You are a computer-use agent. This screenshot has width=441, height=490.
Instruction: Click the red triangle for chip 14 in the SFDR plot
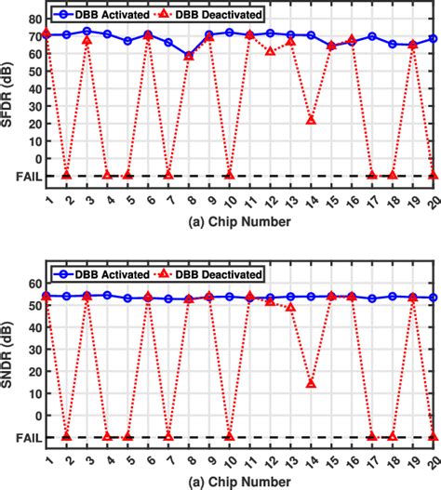click(311, 120)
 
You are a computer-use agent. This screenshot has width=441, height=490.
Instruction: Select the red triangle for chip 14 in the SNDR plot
click(311, 383)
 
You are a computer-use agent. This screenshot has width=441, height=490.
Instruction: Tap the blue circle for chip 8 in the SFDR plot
click(189, 56)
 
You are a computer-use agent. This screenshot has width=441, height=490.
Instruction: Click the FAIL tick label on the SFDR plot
click(25, 176)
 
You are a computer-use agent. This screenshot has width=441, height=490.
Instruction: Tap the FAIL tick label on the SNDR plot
click(25, 437)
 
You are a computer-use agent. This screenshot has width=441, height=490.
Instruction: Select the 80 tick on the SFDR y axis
click(33, 19)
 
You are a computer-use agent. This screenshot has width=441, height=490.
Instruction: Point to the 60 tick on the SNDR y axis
click(33, 284)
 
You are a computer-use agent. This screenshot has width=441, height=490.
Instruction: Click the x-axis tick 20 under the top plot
click(433, 192)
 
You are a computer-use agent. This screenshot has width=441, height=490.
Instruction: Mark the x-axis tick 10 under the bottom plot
click(230, 454)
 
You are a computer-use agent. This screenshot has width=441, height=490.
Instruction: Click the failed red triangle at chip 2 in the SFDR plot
click(66, 175)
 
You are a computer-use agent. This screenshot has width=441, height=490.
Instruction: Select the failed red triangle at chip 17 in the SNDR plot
click(372, 436)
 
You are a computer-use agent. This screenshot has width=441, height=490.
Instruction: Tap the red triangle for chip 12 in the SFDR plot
click(270, 50)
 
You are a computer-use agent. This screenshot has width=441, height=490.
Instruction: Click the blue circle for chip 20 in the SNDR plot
click(434, 298)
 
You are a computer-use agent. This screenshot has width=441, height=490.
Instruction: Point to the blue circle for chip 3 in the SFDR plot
click(87, 31)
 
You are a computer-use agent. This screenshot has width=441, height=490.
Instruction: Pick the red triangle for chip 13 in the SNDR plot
click(290, 307)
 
